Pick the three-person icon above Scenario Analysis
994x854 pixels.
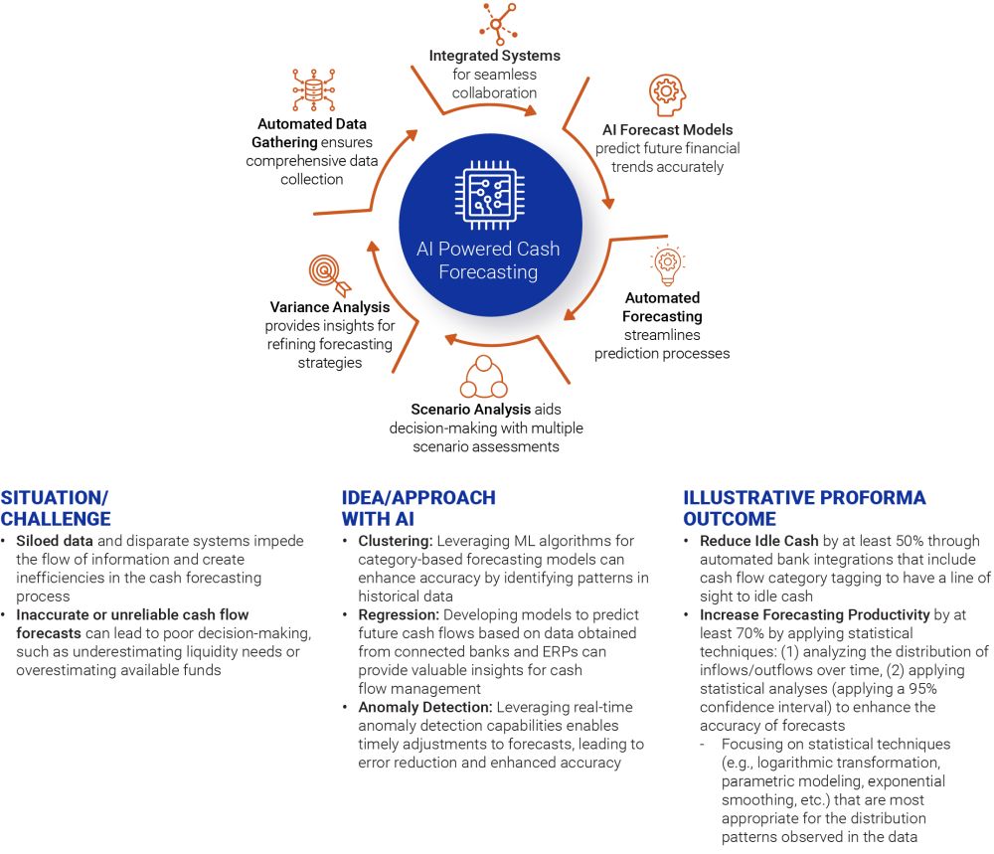click(x=484, y=376)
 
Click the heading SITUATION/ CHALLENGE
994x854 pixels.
click(x=56, y=507)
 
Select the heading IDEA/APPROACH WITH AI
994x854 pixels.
click(x=417, y=507)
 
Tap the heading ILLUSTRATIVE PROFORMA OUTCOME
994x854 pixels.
click(x=804, y=507)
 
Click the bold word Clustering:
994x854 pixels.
click(x=395, y=542)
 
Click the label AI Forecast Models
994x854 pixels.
click(x=668, y=130)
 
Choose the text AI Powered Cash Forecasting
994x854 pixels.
click(x=489, y=260)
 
